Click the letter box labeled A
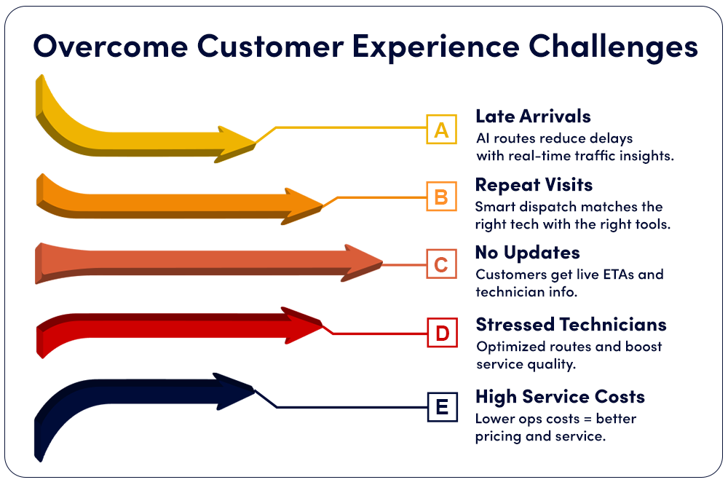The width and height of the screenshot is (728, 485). coord(442,129)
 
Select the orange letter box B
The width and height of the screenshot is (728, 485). coord(442,197)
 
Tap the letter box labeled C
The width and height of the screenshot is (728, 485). coord(442,264)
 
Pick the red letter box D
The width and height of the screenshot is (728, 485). coord(443,333)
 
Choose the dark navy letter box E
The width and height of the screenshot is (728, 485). coord(443,407)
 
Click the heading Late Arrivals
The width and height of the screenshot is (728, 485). coord(533,116)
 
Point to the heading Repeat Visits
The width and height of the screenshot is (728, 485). coord(534,185)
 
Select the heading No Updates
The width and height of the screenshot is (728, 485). coord(527,253)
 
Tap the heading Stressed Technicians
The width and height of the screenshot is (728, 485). coord(571,324)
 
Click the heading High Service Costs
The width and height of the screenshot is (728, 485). coord(560,397)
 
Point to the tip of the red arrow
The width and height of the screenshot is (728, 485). coord(323,324)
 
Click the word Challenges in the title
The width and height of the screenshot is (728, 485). coord(613,47)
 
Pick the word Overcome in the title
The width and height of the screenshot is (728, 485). coord(111,47)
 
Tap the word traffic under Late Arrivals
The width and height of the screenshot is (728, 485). coord(598,156)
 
